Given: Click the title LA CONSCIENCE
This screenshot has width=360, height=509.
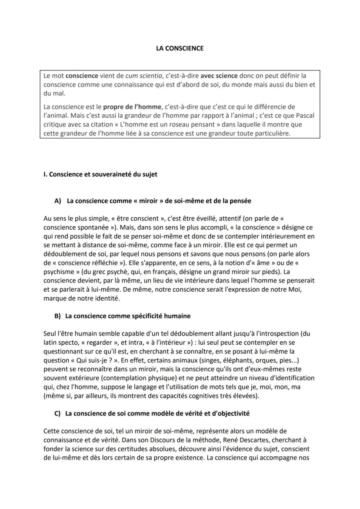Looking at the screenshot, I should pos(180,48).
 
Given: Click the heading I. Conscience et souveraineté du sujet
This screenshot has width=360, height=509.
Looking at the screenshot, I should pos(100,174).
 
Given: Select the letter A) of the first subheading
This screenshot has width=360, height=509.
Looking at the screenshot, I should pos(58,201).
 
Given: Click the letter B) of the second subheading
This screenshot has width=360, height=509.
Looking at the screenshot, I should pos(58,316).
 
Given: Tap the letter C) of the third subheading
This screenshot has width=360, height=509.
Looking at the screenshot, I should pos(58,414).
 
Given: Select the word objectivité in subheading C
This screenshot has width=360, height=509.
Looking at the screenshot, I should pos(230,414).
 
